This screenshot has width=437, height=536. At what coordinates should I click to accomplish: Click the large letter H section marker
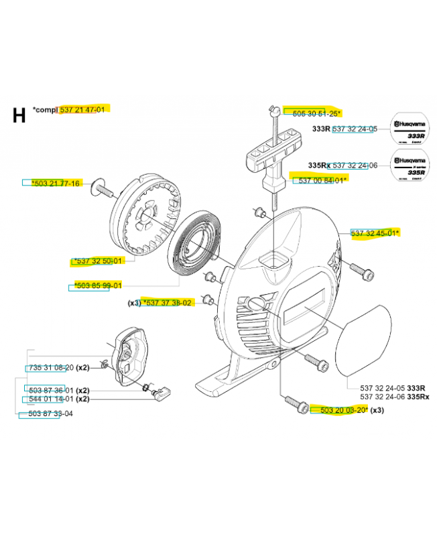19,115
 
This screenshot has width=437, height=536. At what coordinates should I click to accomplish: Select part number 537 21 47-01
82,109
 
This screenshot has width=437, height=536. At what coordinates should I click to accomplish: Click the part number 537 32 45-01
374,233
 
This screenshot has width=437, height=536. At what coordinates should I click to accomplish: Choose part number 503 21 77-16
56,184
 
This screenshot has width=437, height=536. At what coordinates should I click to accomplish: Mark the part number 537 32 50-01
99,261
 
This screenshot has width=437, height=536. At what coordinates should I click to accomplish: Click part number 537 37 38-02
168,303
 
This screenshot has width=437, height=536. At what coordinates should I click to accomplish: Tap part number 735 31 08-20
51,368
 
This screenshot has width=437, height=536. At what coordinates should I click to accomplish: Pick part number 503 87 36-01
51,390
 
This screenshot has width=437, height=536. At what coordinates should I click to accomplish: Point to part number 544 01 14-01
51,399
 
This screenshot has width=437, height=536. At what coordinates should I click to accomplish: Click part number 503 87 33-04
51,414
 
